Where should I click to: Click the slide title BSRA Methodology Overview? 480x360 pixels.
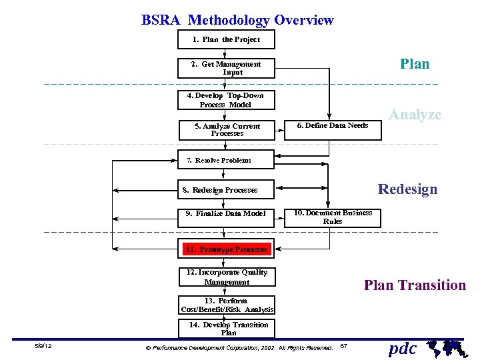tap(237, 20)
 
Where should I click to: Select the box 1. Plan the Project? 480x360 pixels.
tap(227, 39)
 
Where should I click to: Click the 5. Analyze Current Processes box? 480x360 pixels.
tap(227, 129)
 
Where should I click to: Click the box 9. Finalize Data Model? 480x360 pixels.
tap(227, 214)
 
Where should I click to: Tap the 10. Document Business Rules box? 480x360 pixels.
tap(333, 217)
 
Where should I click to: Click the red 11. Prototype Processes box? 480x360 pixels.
tap(227, 249)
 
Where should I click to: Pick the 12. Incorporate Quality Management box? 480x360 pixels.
tap(227, 277)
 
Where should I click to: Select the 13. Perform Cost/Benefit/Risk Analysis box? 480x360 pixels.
tap(227, 305)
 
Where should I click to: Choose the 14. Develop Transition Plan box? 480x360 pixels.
tap(227, 328)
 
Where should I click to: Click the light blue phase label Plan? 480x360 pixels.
tap(415, 64)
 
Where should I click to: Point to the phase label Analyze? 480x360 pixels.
tap(415, 115)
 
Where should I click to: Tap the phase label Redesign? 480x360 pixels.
tap(407, 189)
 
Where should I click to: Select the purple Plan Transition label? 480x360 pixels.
tap(415, 285)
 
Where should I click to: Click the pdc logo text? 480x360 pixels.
tap(403, 348)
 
